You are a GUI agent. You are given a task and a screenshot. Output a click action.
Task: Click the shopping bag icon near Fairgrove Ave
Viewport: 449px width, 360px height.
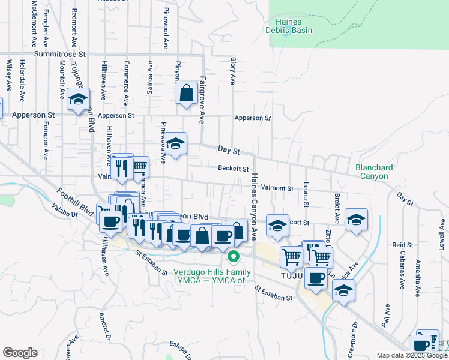[x=187, y=94]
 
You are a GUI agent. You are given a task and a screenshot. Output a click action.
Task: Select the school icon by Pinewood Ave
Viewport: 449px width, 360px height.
[x=175, y=144]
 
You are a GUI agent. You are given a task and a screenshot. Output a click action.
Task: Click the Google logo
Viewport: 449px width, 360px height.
[x=20, y=353]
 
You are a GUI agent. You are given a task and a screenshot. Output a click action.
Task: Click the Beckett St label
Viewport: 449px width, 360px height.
[x=234, y=169]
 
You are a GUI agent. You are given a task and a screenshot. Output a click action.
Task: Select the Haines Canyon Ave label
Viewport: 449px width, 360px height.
[x=254, y=204]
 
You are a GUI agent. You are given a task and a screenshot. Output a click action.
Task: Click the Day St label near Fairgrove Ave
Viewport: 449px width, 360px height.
[x=228, y=149]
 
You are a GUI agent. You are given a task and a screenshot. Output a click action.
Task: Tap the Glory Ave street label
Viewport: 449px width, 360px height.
[x=232, y=71]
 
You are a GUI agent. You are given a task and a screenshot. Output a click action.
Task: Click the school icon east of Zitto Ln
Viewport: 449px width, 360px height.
[x=356, y=219]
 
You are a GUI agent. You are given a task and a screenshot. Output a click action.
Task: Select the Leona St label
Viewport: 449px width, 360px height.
[x=306, y=195]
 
